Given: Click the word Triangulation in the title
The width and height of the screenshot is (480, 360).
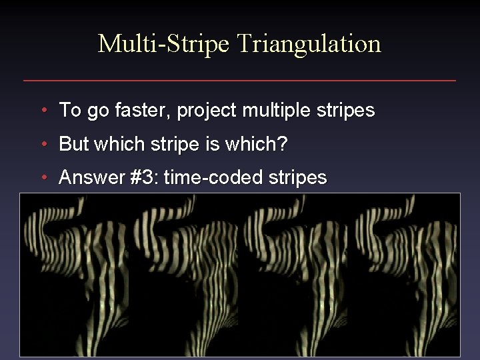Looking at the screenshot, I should click(309, 44).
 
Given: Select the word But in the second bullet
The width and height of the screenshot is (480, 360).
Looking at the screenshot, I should click(74, 144).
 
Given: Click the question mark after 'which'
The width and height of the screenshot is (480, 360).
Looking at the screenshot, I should click(283, 144).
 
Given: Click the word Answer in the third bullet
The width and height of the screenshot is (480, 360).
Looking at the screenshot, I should click(89, 177).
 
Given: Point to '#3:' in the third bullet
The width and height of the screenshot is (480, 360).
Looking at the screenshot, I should click(141, 177).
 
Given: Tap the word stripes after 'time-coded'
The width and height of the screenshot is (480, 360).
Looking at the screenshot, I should click(297, 177).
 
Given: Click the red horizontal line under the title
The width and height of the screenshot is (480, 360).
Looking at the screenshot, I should click(240, 81).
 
